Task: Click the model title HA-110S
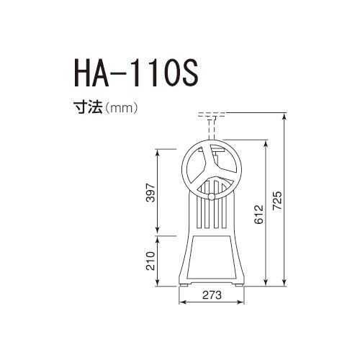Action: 136,73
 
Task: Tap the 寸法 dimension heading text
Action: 88,107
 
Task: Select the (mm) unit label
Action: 121,108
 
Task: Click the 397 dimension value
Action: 150,192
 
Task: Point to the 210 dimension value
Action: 150,261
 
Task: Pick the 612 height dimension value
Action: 259,215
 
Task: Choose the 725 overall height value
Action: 277,201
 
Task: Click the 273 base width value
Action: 212,295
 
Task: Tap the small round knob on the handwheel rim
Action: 212,197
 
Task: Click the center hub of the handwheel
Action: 212,170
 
